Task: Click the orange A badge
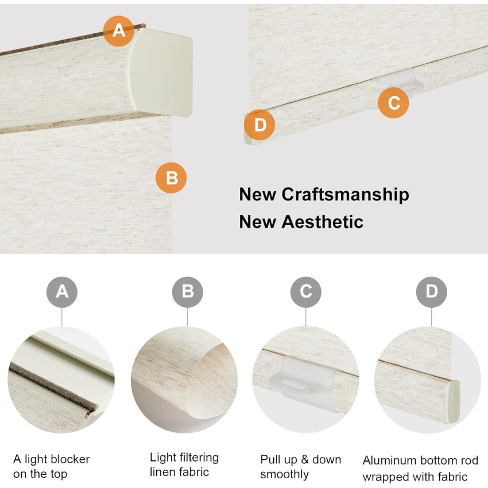click(x=119, y=31)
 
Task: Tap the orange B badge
click(x=171, y=178)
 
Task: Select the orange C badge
click(x=393, y=103)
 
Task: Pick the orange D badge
click(x=260, y=125)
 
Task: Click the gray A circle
click(x=62, y=292)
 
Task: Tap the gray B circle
click(x=187, y=292)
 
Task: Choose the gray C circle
click(x=305, y=292)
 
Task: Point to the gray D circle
click(x=431, y=292)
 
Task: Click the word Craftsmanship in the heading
click(x=346, y=195)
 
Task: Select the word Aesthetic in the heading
click(x=323, y=222)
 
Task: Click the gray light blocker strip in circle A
click(x=53, y=389)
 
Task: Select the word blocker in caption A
click(x=71, y=459)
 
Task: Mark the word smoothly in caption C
click(x=284, y=475)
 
